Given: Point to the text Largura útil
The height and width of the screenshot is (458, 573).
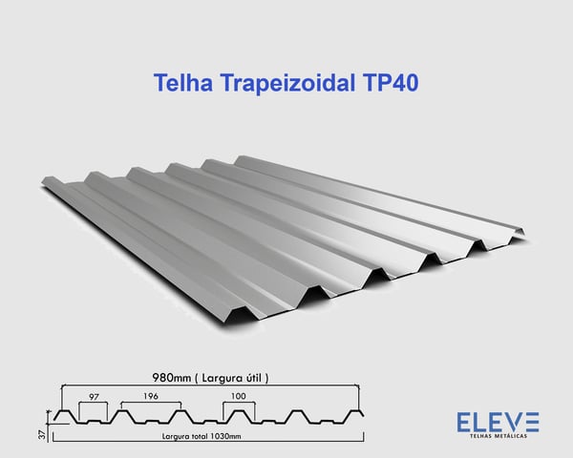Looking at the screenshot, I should pyautogui.click(x=233, y=378).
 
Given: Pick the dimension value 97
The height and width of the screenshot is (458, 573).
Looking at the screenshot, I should pyautogui.click(x=94, y=395).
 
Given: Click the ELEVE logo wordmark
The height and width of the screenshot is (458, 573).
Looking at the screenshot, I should pyautogui.click(x=498, y=421).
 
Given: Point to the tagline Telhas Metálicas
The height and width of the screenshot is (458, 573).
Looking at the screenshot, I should pyautogui.click(x=498, y=436).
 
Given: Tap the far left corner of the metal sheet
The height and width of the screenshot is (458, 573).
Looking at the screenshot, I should pyautogui.click(x=42, y=184).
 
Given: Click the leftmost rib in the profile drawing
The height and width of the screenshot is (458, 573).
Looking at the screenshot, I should pyautogui.click(x=63, y=416).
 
